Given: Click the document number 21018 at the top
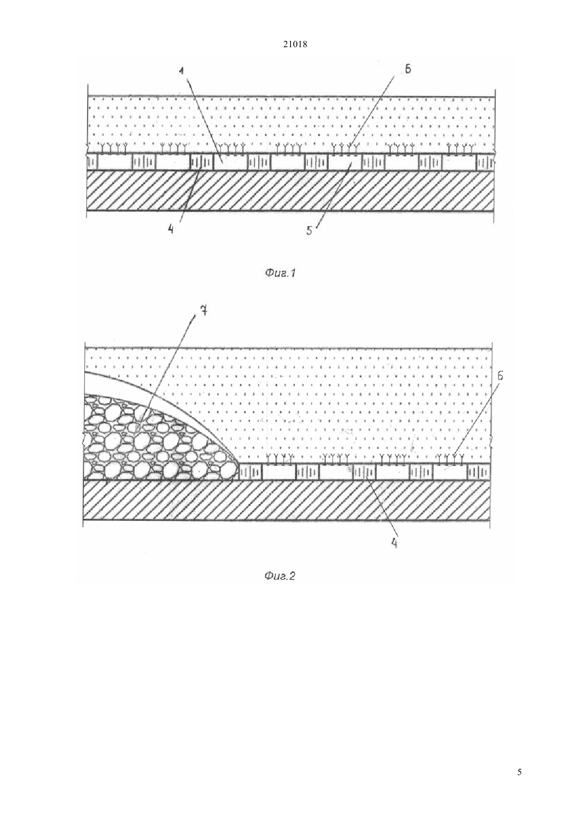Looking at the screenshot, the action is tap(295, 45).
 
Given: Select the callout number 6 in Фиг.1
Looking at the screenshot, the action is tap(408, 69).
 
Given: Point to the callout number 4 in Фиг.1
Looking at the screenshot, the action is tap(171, 229).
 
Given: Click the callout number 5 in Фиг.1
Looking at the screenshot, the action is tap(309, 230).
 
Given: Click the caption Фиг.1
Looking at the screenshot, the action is tap(280, 273).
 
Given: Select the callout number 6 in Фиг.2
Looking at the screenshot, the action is tap(500, 376).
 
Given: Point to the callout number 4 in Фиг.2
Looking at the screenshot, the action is tap(394, 543).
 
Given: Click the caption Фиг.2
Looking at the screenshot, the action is tap(280, 576).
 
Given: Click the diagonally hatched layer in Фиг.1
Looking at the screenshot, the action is tap(291, 190).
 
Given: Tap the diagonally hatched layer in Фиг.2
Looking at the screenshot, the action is tap(287, 499).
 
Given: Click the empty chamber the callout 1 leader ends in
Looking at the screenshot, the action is tap(230, 162).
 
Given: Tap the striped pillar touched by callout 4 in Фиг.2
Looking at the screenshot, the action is tap(364, 473).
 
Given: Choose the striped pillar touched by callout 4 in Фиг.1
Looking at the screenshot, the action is tap(201, 162).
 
